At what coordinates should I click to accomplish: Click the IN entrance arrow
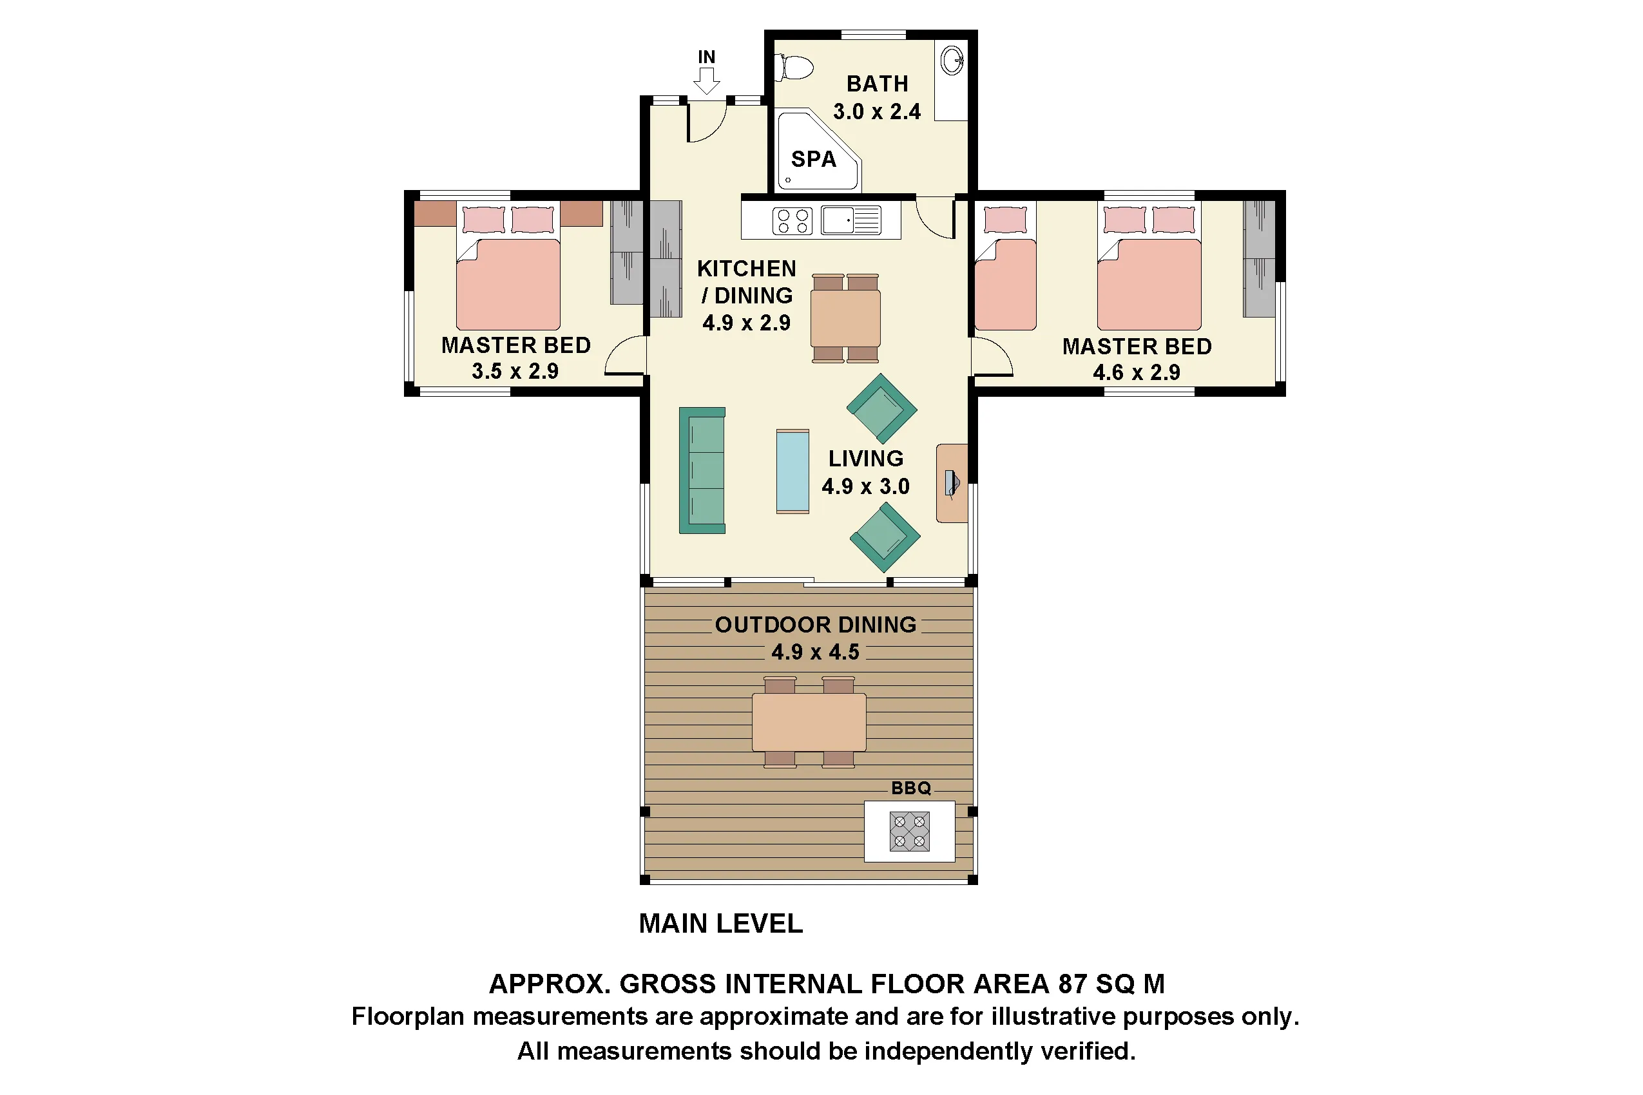(x=706, y=80)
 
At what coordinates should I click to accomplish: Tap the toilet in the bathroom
(x=795, y=68)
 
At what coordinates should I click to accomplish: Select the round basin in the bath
(x=951, y=60)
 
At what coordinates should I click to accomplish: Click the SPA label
(x=813, y=159)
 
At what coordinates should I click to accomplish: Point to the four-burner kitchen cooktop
(x=792, y=222)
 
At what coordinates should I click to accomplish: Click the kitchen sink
(x=838, y=220)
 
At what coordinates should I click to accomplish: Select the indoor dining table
(x=845, y=318)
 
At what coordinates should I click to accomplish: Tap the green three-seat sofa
(x=702, y=470)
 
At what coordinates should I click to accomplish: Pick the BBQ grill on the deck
(x=909, y=830)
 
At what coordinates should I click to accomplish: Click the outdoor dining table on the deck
(x=808, y=721)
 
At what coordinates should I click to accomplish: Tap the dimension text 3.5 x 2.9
(x=515, y=372)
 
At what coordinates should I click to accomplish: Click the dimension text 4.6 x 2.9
(x=1136, y=373)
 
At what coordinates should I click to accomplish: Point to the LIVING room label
(x=865, y=459)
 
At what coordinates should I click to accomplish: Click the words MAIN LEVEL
(x=720, y=923)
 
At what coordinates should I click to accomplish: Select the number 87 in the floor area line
(x=1072, y=984)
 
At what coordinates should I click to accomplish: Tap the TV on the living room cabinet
(x=952, y=482)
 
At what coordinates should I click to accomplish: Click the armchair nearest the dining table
(x=881, y=408)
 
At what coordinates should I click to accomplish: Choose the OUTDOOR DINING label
(x=815, y=624)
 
